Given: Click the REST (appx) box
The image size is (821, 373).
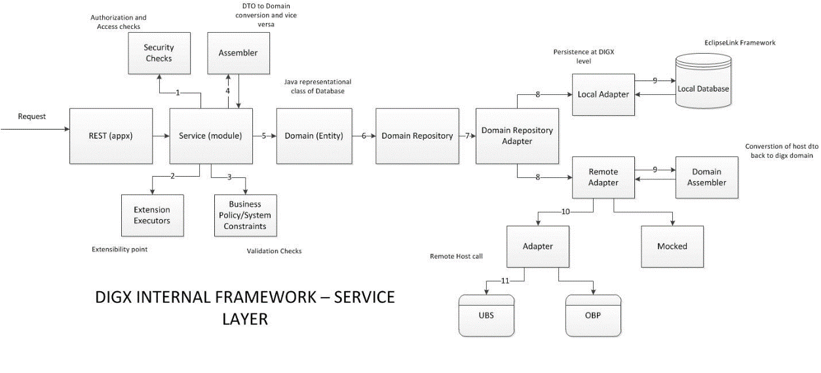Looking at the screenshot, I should tap(111, 136).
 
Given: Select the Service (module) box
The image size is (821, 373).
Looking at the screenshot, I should tap(211, 136).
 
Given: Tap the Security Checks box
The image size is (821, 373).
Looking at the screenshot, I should tap(159, 54).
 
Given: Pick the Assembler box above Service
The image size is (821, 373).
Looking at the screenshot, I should tap(238, 54).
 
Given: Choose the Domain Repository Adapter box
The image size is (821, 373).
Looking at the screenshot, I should tap(517, 136).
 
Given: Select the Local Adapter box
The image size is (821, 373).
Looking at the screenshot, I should tap(603, 94).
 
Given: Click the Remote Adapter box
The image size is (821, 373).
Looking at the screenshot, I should tap(603, 177).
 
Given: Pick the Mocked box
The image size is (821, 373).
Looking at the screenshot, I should tap(672, 246).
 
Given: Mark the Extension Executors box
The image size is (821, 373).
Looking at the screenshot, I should tap(152, 215).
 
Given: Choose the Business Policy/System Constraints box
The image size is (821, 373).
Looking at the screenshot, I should tap(246, 215).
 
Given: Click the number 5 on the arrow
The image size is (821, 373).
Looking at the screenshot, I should tap(264, 136).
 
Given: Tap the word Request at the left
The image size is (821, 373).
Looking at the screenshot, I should tap(32, 116).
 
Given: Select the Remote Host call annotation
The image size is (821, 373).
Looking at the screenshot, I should tap(456, 257).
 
